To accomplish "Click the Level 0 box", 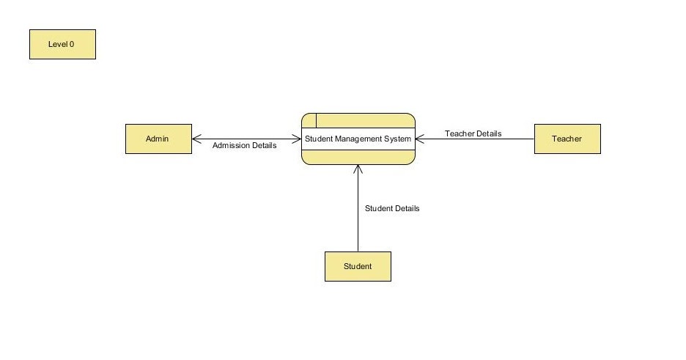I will [62, 44].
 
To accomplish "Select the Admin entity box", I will [158, 139].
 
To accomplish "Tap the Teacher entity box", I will [567, 139].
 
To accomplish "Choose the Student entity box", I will [358, 266].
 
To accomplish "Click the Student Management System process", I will [358, 139].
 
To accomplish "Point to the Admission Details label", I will [245, 145].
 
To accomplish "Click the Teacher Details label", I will [473, 133].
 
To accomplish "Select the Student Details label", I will [392, 208].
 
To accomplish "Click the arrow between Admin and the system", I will [246, 138].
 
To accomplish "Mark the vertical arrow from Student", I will [358, 213].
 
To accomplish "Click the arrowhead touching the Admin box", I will [196, 138].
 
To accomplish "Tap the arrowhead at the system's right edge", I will [419, 139].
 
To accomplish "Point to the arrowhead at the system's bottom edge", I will [358, 169].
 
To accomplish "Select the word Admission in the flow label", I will [230, 145].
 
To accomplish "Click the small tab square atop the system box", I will [309, 120].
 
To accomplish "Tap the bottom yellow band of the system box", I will [358, 157].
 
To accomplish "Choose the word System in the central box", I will [398, 139].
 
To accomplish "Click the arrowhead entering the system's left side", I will [297, 138].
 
